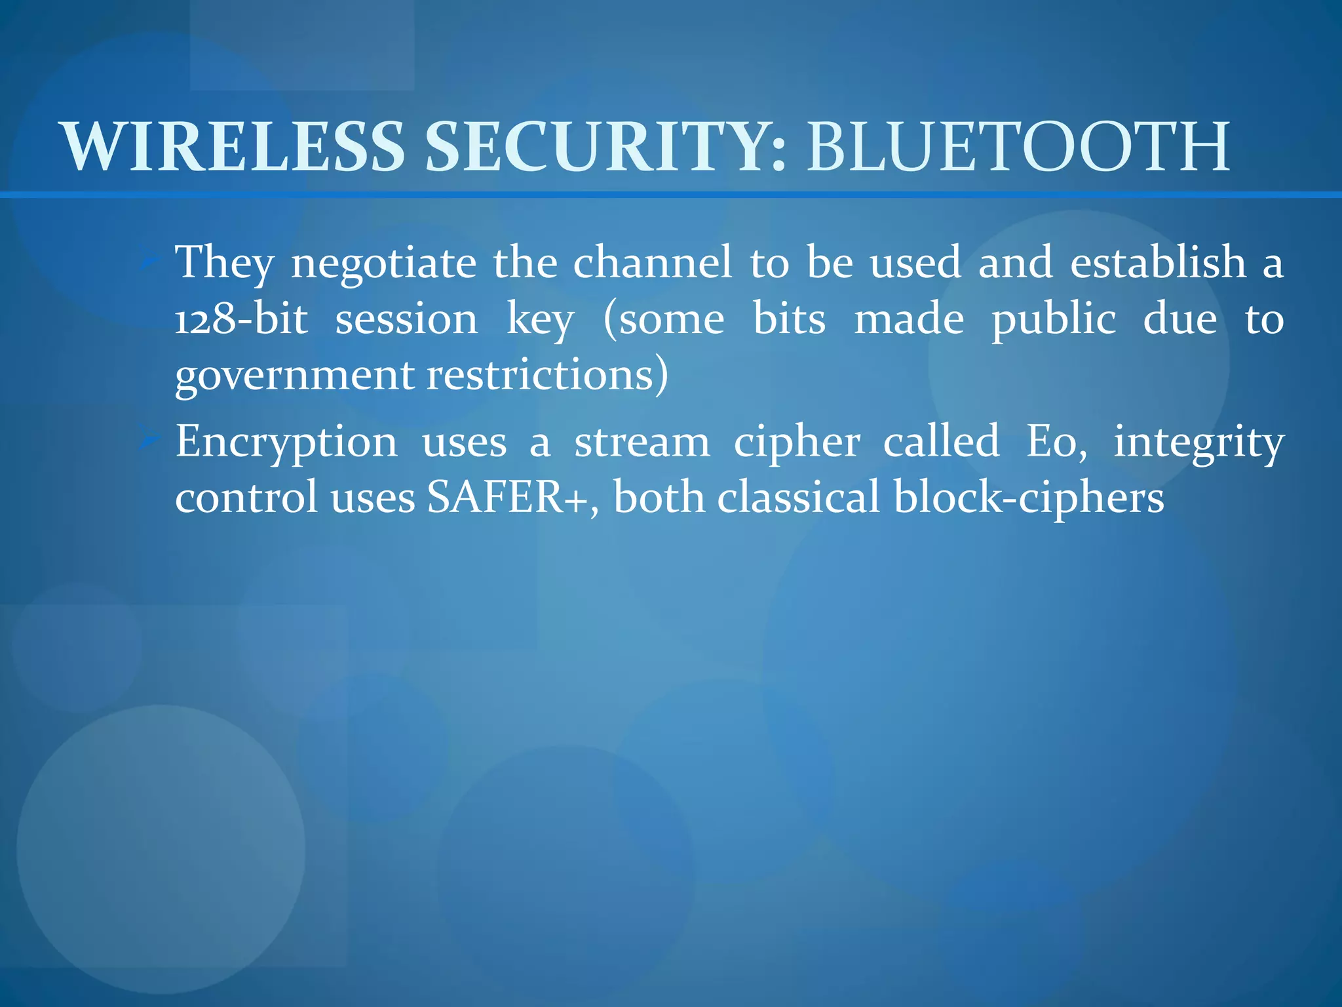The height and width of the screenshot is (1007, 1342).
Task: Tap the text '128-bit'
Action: pyautogui.click(x=241, y=320)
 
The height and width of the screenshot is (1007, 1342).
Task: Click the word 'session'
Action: pyautogui.click(x=406, y=320)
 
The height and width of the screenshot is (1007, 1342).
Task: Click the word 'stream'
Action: pyautogui.click(x=642, y=442)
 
